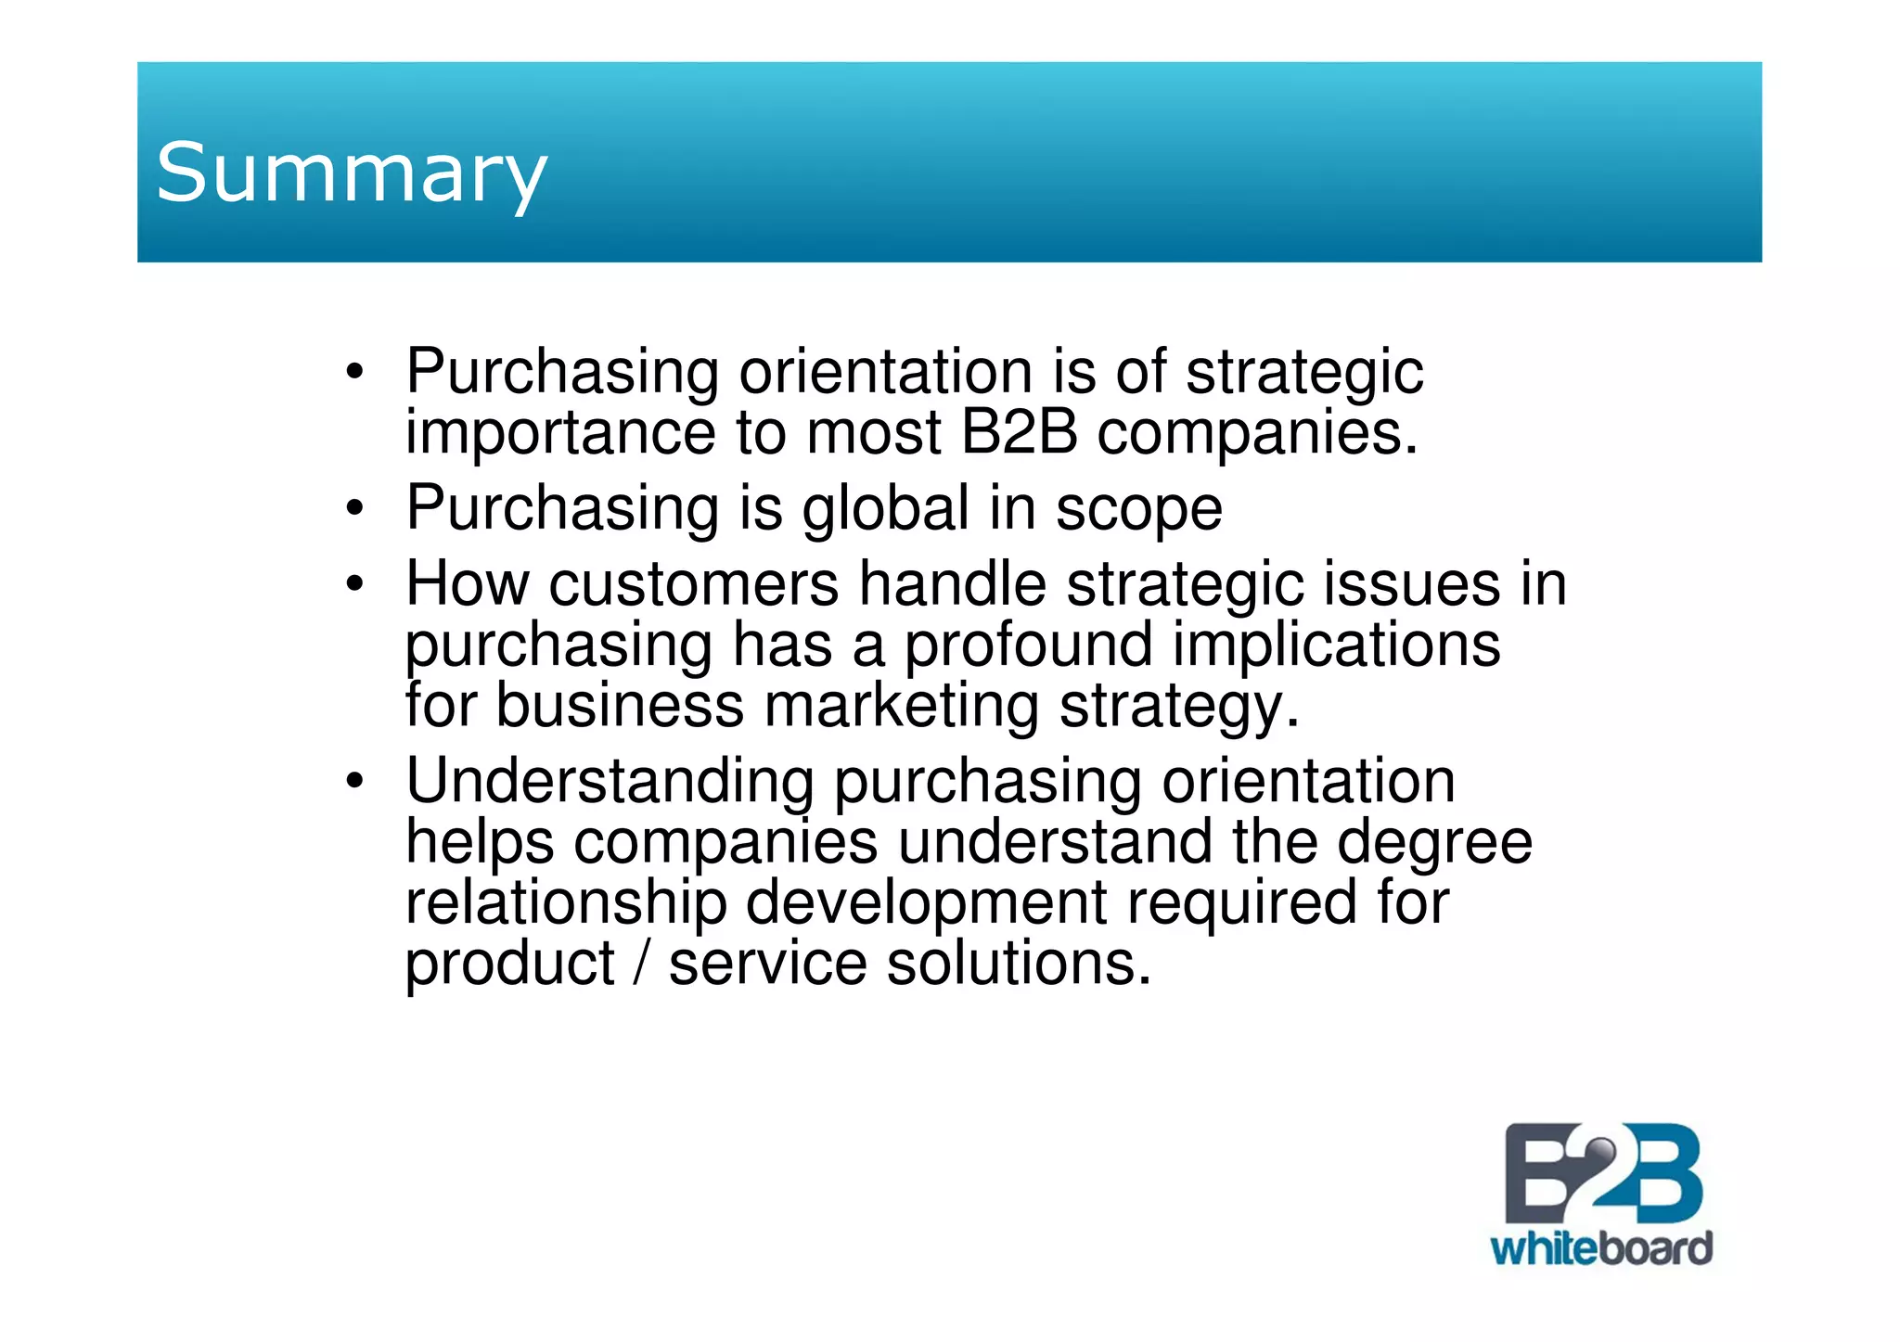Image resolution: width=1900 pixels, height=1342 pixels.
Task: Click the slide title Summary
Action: point(351,173)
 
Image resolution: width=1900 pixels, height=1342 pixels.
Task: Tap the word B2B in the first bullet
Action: point(1019,432)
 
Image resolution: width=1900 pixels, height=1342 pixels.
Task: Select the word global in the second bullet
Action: point(886,508)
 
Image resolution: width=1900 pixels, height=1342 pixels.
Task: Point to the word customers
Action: point(694,584)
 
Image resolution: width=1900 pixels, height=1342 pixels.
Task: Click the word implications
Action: point(1336,646)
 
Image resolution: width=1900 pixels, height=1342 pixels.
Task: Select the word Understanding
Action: point(610,781)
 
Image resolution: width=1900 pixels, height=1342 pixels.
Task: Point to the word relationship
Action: point(566,903)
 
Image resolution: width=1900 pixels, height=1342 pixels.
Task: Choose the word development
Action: point(927,904)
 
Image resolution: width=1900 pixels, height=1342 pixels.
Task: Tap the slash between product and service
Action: point(641,964)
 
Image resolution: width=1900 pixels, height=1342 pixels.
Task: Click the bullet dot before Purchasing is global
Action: point(353,509)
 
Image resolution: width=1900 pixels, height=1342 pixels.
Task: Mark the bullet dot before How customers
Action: point(353,585)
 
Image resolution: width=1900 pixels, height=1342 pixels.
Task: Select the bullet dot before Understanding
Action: point(353,782)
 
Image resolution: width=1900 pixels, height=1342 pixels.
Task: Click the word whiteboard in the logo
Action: point(1601,1248)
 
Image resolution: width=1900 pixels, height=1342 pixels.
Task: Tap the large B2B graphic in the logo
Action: point(1602,1173)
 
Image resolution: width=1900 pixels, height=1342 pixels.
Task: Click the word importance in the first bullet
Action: point(560,433)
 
